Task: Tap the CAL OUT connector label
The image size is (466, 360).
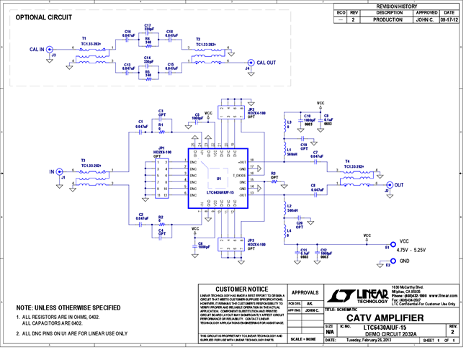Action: [265, 63]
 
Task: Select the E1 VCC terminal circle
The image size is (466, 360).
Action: [392, 245]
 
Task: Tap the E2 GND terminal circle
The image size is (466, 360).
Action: [392, 260]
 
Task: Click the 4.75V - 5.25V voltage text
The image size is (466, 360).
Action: [413, 250]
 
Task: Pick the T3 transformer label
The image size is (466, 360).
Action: [83, 161]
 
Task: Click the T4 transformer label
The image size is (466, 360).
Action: [348, 161]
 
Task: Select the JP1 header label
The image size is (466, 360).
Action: [159, 150]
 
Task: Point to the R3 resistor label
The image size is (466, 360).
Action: [273, 173]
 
